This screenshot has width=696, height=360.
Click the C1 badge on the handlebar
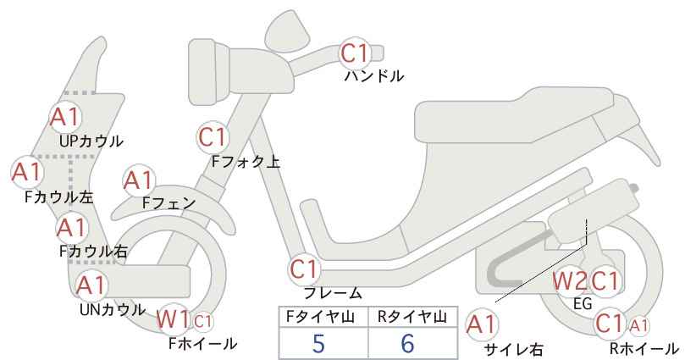[355, 53]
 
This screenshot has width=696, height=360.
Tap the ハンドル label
[374, 76]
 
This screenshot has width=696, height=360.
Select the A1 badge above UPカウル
[65, 117]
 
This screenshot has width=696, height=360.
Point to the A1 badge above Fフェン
[139, 181]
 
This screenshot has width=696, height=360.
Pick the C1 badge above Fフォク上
[213, 137]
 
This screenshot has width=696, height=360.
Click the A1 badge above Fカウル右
[72, 228]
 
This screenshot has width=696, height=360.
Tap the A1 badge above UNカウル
[91, 285]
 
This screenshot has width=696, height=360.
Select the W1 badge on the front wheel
[174, 319]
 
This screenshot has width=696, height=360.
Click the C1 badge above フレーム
[305, 269]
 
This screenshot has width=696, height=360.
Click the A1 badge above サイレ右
[482, 325]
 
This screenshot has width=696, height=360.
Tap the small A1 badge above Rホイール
[639, 326]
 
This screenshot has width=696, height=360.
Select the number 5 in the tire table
[318, 344]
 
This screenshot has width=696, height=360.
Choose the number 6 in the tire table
[407, 344]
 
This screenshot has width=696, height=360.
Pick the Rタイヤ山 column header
[412, 317]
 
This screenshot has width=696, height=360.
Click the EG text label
[583, 303]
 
